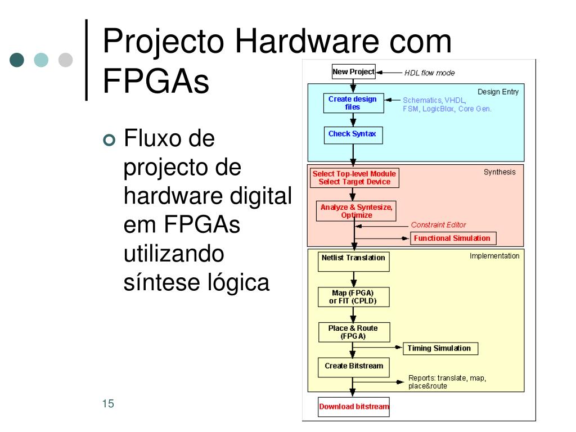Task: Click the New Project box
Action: click(x=353, y=71)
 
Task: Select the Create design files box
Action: click(x=353, y=103)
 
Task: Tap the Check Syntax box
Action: click(x=353, y=135)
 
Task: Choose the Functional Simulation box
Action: click(x=452, y=238)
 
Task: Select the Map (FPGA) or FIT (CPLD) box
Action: click(x=353, y=297)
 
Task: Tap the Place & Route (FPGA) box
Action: click(x=353, y=332)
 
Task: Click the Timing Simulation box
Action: click(x=439, y=348)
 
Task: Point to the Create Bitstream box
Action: click(x=354, y=366)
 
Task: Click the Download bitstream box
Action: click(x=354, y=407)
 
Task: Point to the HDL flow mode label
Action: click(x=430, y=73)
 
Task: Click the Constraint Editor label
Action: click(x=438, y=225)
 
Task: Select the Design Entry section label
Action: click(x=498, y=92)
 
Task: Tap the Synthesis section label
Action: click(x=499, y=172)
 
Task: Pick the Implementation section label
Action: click(x=494, y=256)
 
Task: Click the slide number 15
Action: click(x=109, y=404)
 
